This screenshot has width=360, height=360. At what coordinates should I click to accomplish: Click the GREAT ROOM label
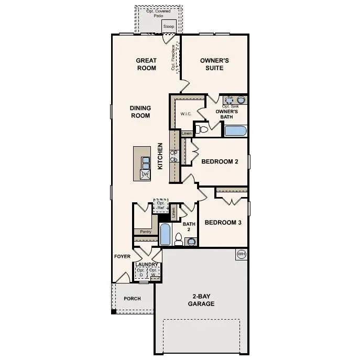click(x=146, y=64)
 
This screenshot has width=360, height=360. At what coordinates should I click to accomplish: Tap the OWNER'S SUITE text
click(x=212, y=64)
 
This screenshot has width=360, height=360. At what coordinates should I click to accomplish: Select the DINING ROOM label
click(x=140, y=112)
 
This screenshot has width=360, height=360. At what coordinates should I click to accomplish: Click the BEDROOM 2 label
click(x=220, y=162)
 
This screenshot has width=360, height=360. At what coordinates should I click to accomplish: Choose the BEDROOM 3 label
click(x=223, y=223)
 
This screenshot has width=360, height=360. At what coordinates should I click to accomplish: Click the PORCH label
click(x=132, y=299)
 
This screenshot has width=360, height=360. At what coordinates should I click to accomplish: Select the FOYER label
click(x=123, y=256)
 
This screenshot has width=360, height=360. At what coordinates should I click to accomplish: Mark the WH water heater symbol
click(x=242, y=254)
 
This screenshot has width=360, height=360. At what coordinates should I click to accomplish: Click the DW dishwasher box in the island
click(x=145, y=174)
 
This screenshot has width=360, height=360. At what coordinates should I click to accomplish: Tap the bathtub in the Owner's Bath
click(x=235, y=130)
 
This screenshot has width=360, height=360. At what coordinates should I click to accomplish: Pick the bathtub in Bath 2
click(x=165, y=234)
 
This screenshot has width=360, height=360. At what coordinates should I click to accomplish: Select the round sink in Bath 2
click(x=191, y=242)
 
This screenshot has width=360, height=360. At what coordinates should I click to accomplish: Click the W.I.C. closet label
click(x=186, y=113)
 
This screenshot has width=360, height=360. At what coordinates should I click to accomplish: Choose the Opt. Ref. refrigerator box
click(x=160, y=205)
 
